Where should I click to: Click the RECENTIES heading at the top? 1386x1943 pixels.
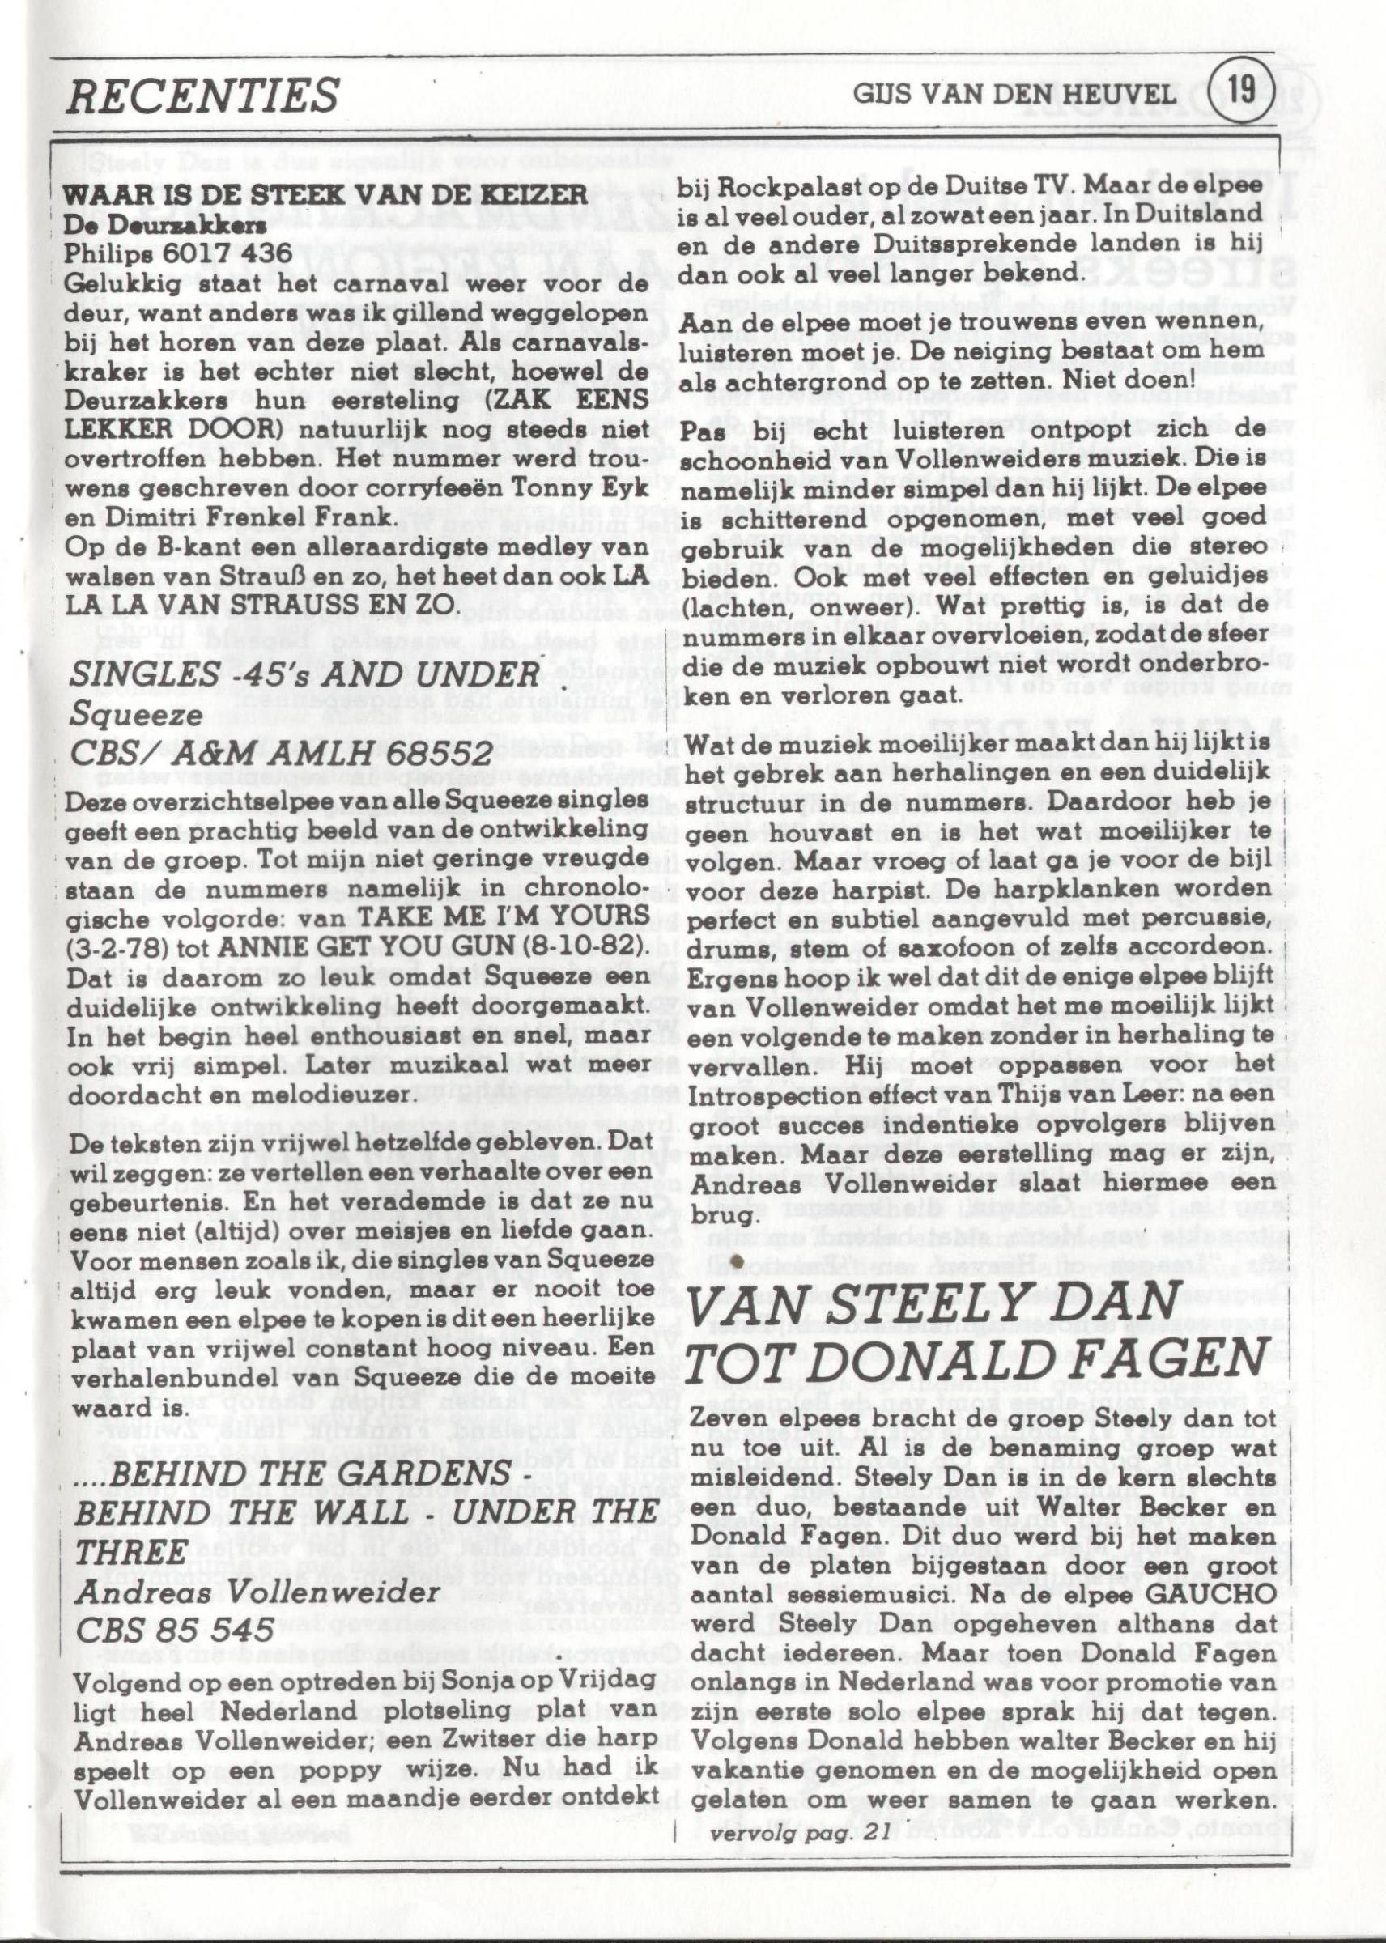coord(203,95)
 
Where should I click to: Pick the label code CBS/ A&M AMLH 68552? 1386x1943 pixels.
coord(282,754)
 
